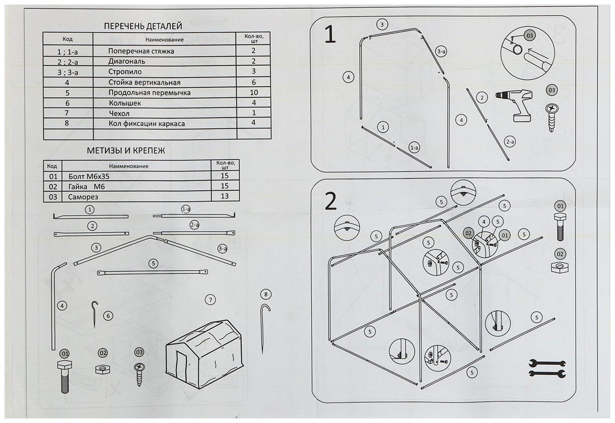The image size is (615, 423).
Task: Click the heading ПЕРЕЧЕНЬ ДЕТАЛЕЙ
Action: click(143, 26)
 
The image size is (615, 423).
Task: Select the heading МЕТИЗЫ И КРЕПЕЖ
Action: click(126, 151)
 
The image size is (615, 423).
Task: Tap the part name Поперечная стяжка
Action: click(141, 51)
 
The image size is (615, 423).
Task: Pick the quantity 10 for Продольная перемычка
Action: click(254, 92)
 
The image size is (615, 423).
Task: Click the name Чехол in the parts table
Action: click(119, 113)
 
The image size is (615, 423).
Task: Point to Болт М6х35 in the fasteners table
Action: click(89, 177)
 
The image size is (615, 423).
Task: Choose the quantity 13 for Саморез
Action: click(225, 196)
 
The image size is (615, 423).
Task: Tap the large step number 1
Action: click(330, 35)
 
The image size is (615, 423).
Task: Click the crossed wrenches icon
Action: click(547, 368)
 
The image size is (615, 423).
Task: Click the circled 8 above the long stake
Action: click(266, 294)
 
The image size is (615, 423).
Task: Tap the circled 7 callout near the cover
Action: click(210, 300)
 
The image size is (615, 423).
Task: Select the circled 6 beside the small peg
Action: click(108, 316)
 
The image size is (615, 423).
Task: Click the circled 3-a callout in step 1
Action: click(441, 51)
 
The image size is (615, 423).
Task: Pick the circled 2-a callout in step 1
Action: click(510, 142)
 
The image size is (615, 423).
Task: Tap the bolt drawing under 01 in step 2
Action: click(560, 227)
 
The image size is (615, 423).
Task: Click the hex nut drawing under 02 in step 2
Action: click(560, 267)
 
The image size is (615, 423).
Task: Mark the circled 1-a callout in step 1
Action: click(414, 148)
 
